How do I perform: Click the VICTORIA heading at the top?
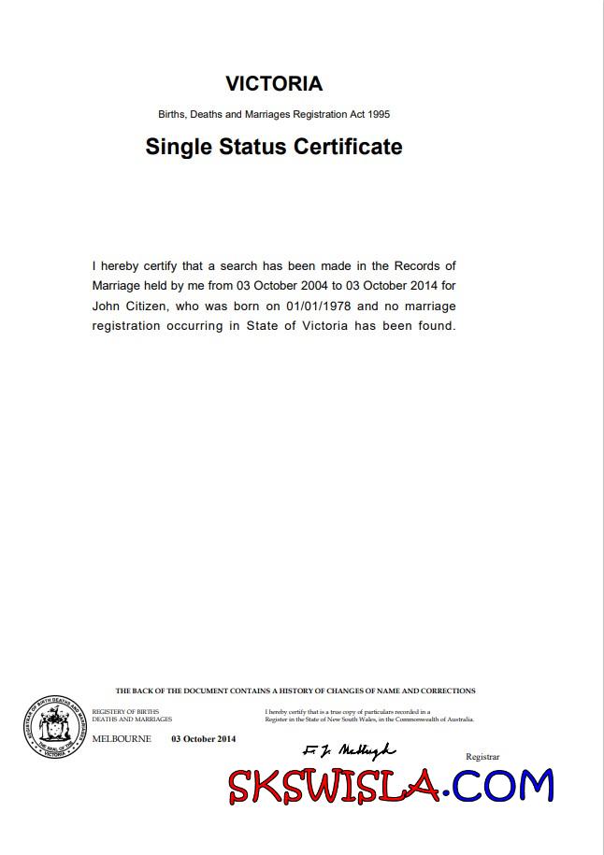(274, 84)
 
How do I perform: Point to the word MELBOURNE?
(122, 739)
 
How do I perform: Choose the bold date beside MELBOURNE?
(203, 739)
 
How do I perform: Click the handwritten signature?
(350, 750)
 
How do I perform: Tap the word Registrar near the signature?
(482, 756)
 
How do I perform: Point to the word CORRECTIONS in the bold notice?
(445, 691)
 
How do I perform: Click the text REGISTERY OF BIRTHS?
(125, 712)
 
